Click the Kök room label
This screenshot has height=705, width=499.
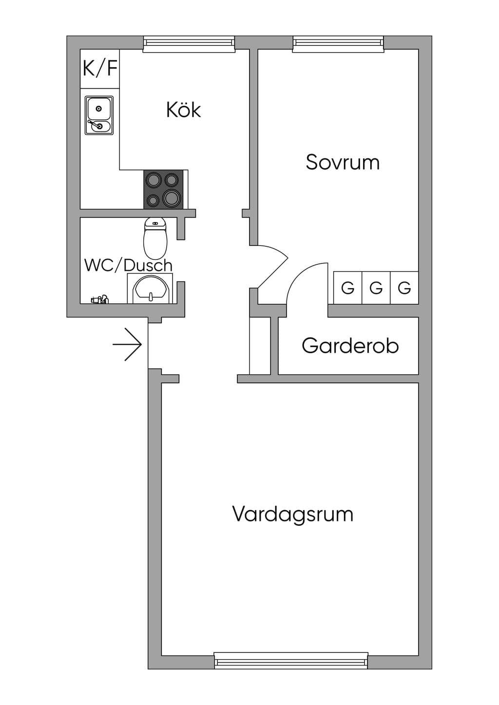click(183, 110)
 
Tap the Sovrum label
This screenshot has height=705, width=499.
click(343, 162)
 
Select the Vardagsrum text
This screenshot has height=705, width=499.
click(293, 514)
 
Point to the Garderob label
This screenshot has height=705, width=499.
click(350, 346)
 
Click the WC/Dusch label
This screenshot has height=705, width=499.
click(128, 265)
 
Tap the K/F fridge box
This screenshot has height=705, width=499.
click(100, 69)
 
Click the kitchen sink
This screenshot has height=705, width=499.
click(99, 115)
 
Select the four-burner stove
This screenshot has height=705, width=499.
click(163, 189)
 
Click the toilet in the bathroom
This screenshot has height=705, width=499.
click(155, 238)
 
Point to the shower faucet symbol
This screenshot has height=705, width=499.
click(99, 299)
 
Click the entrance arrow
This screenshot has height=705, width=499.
click(127, 344)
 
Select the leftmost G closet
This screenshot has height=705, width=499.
click(348, 288)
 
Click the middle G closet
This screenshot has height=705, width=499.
click(376, 288)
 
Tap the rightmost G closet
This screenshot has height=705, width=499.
click(404, 288)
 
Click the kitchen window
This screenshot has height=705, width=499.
click(189, 44)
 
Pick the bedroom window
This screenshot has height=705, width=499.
click(338, 44)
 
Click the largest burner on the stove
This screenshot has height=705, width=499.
click(171, 197)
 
